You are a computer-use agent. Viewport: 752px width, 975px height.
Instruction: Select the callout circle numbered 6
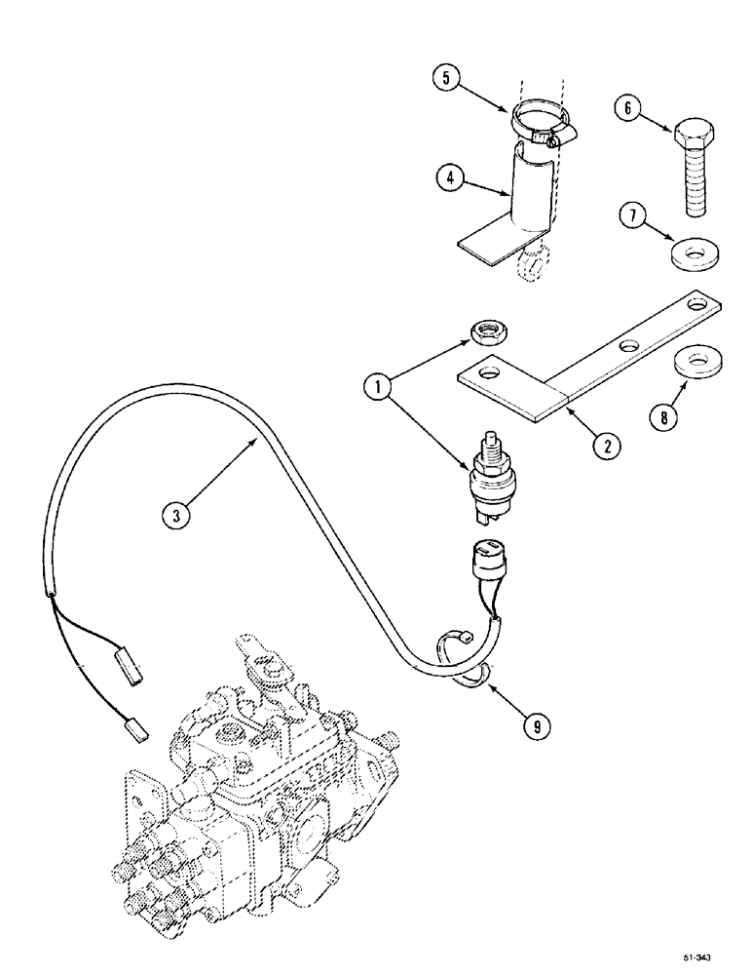coord(626,110)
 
